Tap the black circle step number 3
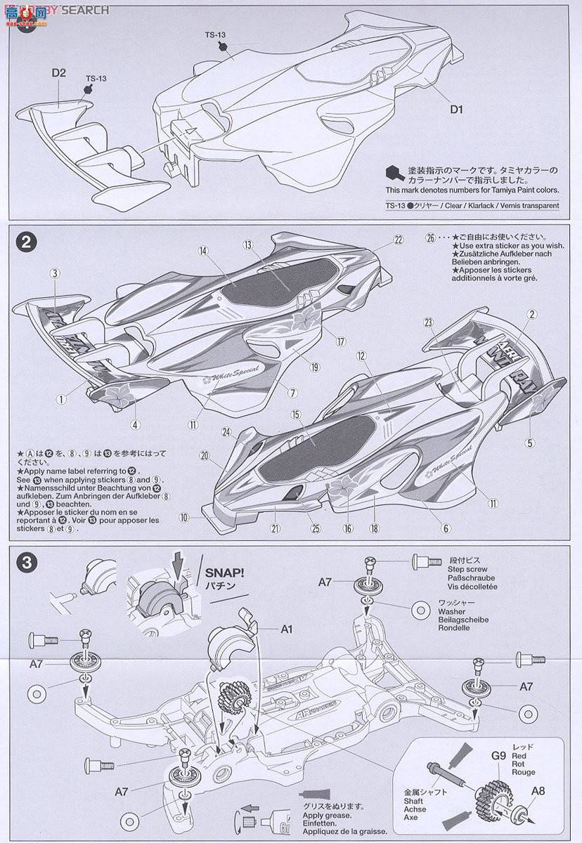[26, 563]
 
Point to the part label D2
[58, 72]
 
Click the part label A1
[285, 629]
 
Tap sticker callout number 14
[205, 251]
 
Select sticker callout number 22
[399, 240]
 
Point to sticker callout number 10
[184, 518]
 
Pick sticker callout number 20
[205, 455]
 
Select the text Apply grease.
[344, 817]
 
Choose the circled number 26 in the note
[431, 238]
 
